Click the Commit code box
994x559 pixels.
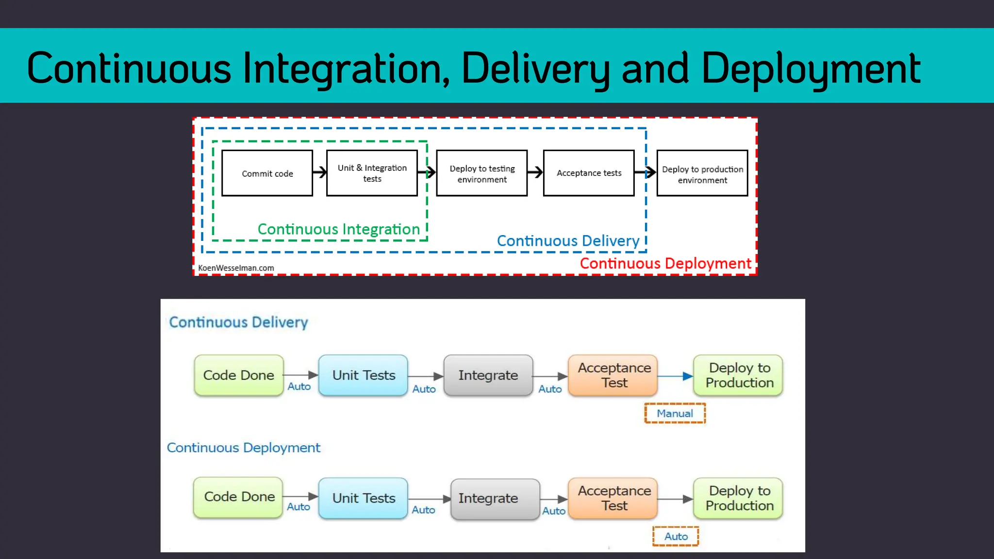[267, 173]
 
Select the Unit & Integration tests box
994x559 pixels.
[372, 173]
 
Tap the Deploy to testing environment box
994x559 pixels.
[481, 173]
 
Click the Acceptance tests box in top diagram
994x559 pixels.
[588, 173]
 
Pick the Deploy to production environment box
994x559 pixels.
[702, 173]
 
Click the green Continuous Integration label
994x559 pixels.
[338, 229]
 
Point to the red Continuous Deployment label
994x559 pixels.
[665, 263]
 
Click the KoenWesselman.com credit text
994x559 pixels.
[236, 268]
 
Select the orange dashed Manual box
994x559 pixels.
[675, 413]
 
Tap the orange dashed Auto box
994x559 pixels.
[676, 536]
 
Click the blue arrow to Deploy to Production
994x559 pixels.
[675, 376]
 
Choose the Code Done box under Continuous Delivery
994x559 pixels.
[238, 375]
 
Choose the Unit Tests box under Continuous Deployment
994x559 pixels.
[363, 498]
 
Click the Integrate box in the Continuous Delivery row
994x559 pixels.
[488, 375]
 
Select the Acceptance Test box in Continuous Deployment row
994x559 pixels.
[613, 498]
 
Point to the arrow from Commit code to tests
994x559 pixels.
[320, 172]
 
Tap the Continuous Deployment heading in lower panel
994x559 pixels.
[243, 447]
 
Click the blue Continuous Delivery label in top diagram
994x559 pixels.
[568, 241]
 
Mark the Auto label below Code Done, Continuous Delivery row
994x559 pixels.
[299, 387]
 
